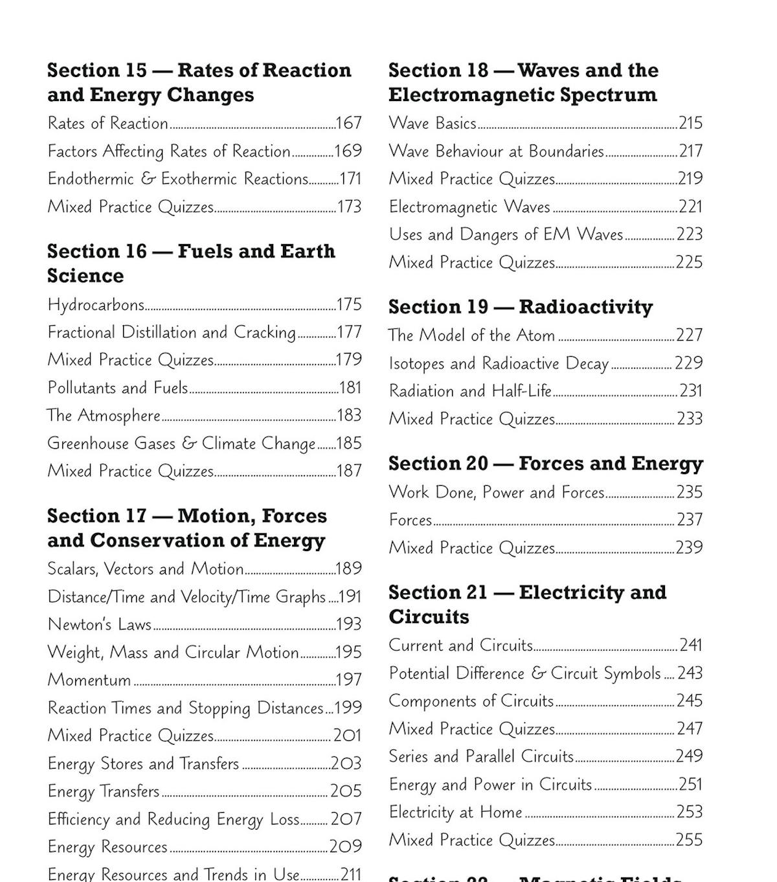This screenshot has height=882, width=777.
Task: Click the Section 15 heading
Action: (x=199, y=82)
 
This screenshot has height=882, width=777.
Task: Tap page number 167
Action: (x=348, y=123)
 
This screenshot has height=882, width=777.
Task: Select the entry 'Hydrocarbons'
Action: (x=96, y=304)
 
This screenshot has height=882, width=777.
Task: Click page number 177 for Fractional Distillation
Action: (x=349, y=332)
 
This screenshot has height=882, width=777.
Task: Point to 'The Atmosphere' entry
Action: (x=104, y=415)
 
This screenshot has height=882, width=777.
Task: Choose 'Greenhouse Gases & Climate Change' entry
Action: (x=181, y=444)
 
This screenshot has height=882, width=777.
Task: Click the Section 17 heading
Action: (x=186, y=528)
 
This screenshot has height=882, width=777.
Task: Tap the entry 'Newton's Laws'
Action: (x=99, y=624)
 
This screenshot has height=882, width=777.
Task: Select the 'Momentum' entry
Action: (x=89, y=680)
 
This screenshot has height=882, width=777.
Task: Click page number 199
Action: (x=348, y=708)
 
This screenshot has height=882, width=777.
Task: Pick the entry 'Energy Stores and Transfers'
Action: (x=143, y=763)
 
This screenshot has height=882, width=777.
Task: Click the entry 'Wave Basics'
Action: (x=433, y=123)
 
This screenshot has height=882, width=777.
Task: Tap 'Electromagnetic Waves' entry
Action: (x=469, y=207)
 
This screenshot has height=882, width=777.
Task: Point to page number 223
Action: (x=690, y=234)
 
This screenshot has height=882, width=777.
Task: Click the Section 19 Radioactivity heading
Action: (x=521, y=307)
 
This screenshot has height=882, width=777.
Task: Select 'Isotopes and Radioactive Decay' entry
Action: (x=499, y=363)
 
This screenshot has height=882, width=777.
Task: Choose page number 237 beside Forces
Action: (x=690, y=519)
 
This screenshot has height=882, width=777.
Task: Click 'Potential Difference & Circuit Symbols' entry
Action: (x=524, y=673)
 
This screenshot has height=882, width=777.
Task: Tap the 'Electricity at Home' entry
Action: (x=455, y=812)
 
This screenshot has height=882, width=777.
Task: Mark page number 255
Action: (x=689, y=840)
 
